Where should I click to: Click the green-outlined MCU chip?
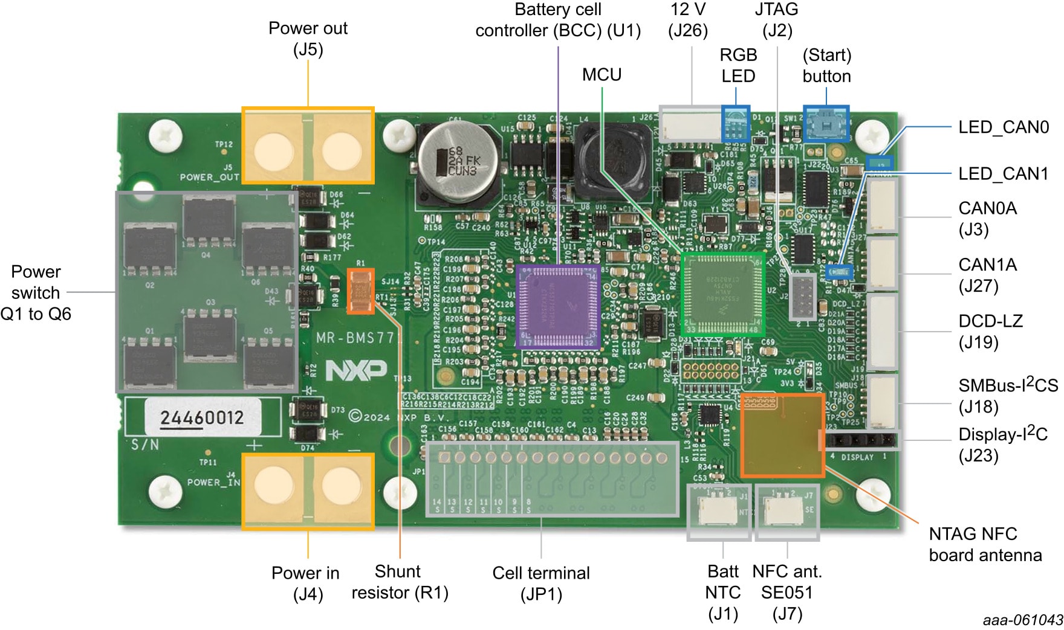point(722,294)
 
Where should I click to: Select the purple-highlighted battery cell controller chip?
point(558,306)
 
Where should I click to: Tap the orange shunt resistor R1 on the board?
point(361,291)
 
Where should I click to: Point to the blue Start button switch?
point(826,124)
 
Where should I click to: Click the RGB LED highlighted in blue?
point(736,124)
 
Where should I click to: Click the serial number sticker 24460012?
point(202,417)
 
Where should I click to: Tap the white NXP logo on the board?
point(356,370)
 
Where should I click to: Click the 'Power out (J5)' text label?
point(308,39)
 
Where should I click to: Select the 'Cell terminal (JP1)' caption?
point(541,583)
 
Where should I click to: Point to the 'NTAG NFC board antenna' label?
point(985,544)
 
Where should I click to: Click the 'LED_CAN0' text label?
point(1003,127)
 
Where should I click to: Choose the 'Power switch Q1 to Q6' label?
point(36,293)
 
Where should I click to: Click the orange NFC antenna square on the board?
point(782,435)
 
